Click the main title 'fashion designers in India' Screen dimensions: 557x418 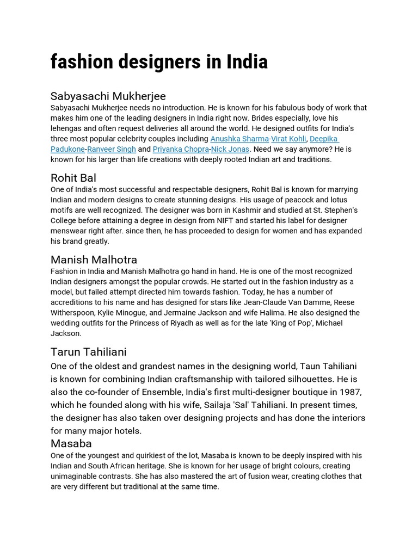click(x=159, y=62)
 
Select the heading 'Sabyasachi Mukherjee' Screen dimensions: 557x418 click(x=108, y=96)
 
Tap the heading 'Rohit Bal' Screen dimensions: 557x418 click(x=73, y=178)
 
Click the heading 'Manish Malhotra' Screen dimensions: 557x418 click(x=94, y=259)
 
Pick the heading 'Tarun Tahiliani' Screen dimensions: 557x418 click(x=88, y=351)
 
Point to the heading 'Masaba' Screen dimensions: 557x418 click(x=71, y=443)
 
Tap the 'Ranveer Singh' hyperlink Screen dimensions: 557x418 click(x=111, y=149)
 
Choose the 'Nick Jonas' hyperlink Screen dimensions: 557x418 click(x=230, y=149)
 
